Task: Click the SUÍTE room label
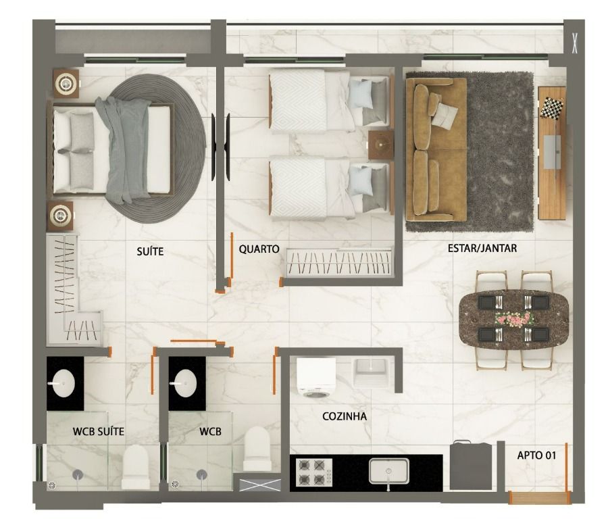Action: coord(150,251)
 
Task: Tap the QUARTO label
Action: coord(259,249)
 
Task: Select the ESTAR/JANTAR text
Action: coord(482,248)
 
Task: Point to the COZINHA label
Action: coord(345,416)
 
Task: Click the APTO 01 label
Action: coord(536,455)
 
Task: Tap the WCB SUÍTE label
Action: coord(99,431)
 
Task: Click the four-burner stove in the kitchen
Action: coord(314,472)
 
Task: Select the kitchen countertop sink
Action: coord(389,471)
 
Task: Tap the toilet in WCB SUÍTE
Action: coord(136,467)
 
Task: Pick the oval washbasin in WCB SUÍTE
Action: coord(62,383)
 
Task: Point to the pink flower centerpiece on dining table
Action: coord(513,318)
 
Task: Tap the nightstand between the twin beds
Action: coord(381,145)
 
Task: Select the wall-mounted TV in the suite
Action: coord(220,147)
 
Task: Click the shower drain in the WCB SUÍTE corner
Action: coord(51,485)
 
